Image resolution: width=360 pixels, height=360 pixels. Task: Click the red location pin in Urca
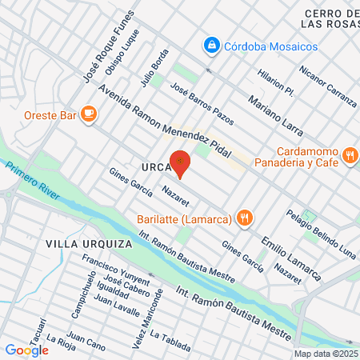tap(181, 162)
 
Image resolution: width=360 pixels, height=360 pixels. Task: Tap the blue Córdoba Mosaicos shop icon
tap(212, 46)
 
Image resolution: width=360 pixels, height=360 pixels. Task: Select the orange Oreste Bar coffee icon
tap(89, 115)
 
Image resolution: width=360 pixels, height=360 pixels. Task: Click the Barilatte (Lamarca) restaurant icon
tap(246, 218)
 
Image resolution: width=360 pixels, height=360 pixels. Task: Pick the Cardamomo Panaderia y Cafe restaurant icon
tap(349, 154)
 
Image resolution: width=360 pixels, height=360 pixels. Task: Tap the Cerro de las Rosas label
tap(330, 22)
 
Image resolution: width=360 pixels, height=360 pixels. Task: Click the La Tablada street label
tap(170, 341)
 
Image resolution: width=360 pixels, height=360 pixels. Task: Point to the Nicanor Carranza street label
tap(327, 86)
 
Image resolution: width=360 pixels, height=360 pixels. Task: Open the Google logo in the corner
tap(26, 350)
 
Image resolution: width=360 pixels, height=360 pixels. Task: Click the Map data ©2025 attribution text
tap(326, 354)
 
